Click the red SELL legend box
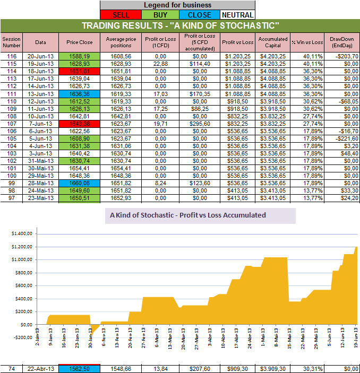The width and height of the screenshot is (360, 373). pos(122,15)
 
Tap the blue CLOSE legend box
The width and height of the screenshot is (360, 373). pos(199,15)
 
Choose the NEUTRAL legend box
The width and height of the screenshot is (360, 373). pos(237,15)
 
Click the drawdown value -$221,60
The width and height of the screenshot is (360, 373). pos(344,138)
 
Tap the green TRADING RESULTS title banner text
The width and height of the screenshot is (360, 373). pos(180,26)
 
